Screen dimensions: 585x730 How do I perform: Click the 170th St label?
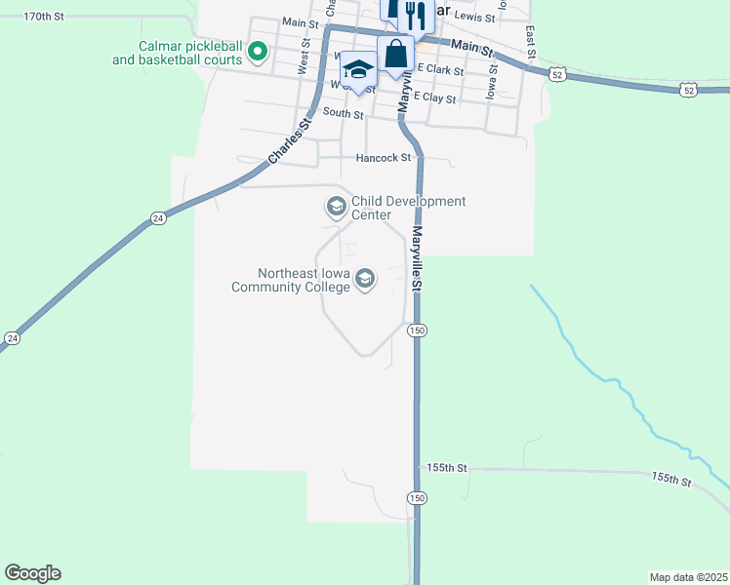pyautogui.click(x=43, y=18)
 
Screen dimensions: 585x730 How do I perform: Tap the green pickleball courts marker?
pyautogui.click(x=258, y=52)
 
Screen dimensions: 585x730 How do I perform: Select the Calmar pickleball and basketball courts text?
pyautogui.click(x=176, y=52)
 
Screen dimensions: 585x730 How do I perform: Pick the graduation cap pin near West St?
pyautogui.click(x=358, y=70)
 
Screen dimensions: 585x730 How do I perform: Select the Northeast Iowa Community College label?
pyautogui.click(x=290, y=281)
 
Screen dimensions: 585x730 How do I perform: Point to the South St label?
pyautogui.click(x=343, y=114)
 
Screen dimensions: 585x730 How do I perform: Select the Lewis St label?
pyautogui.click(x=475, y=17)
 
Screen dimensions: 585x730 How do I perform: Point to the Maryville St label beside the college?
pyautogui.click(x=416, y=258)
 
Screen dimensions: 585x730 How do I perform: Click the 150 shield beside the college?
pyautogui.click(x=417, y=331)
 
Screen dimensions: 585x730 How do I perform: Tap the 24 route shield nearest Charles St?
pyautogui.click(x=157, y=220)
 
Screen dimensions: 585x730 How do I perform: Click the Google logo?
pyautogui.click(x=32, y=573)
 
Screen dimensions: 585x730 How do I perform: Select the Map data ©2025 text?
pyautogui.click(x=687, y=576)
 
